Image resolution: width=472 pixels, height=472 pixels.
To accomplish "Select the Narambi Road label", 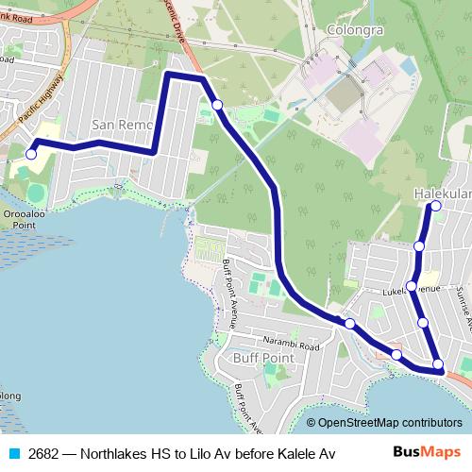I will tap(292, 346).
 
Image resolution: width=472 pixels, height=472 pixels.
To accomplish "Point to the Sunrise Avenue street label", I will tap(463, 307).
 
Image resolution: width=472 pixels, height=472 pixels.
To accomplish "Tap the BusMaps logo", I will tap(421, 453).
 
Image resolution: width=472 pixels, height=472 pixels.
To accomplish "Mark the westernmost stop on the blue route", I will tap(31, 154).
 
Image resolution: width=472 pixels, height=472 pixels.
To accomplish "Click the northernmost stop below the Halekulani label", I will tap(436, 205).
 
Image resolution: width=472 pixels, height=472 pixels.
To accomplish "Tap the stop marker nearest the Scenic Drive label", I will tap(217, 105).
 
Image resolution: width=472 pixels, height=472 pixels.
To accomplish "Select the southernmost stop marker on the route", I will tap(438, 364).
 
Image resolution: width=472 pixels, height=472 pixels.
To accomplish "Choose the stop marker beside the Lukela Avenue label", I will tap(412, 285).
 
